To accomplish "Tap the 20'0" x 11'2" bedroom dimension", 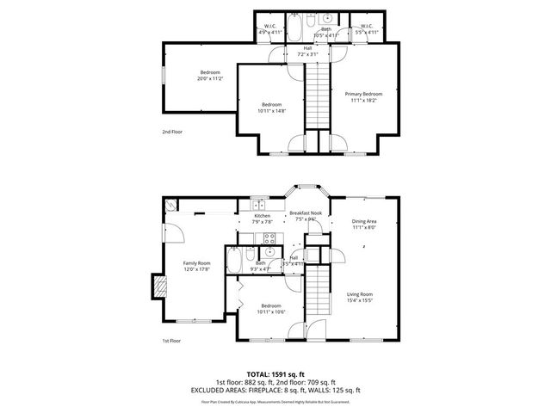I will [x=210, y=78].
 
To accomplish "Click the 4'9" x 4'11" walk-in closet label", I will [x=269, y=32].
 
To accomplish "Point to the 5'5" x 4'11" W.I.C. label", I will [x=366, y=32].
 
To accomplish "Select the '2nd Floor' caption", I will [x=172, y=132].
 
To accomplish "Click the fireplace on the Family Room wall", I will [x=158, y=287].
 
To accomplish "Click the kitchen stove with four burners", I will [x=269, y=238].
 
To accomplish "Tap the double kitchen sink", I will [x=258, y=204].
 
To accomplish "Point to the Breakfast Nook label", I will [x=305, y=215].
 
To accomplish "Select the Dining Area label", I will [x=364, y=224].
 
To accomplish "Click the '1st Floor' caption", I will [x=172, y=341].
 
